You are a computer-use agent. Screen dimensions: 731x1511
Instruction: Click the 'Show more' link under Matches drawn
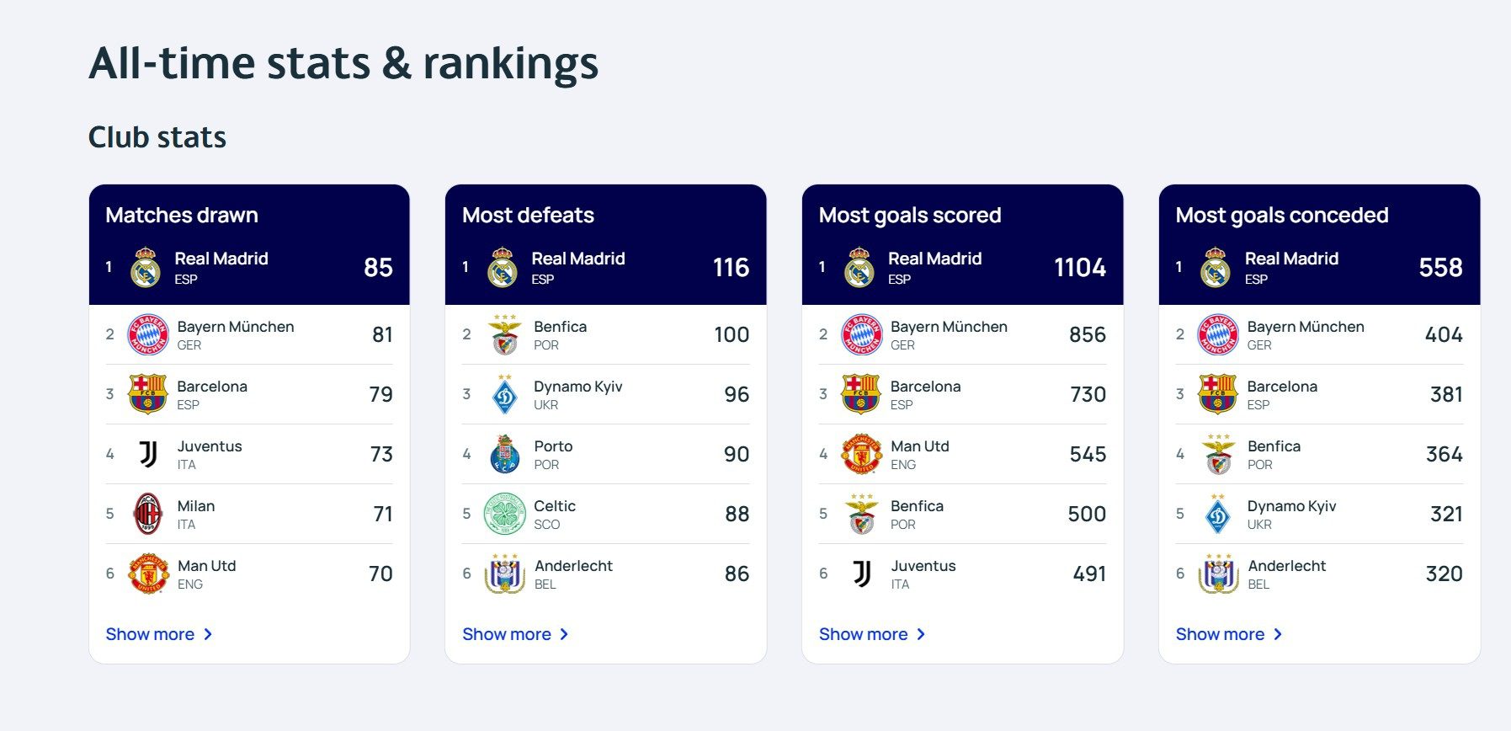158,634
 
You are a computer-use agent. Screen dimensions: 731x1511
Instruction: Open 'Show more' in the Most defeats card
515,634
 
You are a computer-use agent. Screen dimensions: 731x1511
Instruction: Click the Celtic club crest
504,514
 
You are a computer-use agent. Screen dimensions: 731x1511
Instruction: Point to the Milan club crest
148,514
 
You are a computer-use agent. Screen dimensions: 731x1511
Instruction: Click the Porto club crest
504,454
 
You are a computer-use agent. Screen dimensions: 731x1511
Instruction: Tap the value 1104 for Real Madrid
1080,267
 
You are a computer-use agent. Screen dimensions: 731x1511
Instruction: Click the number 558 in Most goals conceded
1440,267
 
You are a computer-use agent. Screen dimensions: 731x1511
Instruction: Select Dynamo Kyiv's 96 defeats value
737,394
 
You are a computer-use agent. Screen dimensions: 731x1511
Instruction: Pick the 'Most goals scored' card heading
910,215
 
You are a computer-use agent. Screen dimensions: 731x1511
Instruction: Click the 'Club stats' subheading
157,137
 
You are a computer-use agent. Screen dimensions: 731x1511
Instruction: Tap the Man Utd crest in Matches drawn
148,574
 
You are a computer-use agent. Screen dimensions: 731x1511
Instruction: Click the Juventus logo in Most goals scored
862,574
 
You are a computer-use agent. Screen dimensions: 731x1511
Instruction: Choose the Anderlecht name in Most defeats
573,566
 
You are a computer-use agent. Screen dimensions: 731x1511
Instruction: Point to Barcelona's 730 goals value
1088,394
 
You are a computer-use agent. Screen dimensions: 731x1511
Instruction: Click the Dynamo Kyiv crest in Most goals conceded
1218,514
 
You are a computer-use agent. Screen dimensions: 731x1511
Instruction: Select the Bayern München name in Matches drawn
236,327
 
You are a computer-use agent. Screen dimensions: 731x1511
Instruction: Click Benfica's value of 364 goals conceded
1444,454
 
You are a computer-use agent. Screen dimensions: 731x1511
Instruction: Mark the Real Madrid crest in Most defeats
503,267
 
